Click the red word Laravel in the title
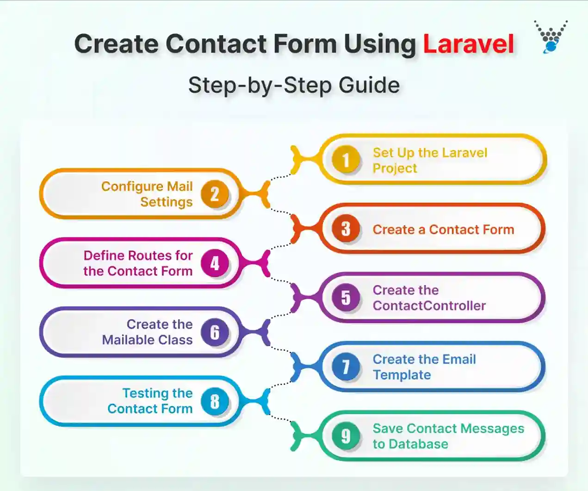468,44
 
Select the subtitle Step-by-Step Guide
294,86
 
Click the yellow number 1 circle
346,160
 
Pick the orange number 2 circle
215,194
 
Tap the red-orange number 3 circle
346,229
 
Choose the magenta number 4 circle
215,263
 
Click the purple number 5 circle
346,298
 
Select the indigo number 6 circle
215,332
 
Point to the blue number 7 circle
346,367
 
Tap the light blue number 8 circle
215,401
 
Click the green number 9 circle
346,436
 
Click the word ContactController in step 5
429,306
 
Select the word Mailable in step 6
122,340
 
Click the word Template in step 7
402,375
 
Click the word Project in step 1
395,168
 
